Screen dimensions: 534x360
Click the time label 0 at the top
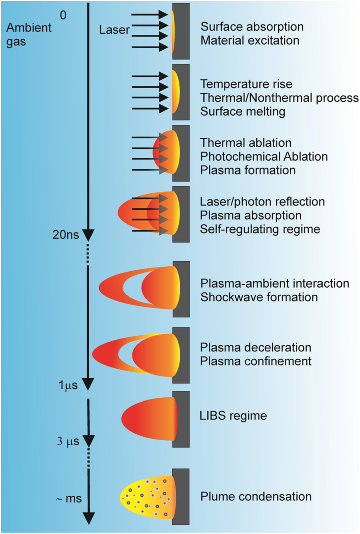[63, 15]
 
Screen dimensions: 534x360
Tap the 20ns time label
[66, 235]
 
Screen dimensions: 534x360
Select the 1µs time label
[68, 385]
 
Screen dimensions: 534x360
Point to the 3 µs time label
[68, 441]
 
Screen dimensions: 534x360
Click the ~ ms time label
[68, 498]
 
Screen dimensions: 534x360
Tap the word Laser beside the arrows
[114, 30]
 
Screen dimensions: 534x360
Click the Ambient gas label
[28, 34]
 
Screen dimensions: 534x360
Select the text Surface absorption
[252, 26]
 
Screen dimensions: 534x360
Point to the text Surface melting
[242, 111]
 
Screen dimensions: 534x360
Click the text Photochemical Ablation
[264, 156]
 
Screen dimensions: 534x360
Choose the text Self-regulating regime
[260, 229]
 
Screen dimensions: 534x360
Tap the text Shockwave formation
[259, 297]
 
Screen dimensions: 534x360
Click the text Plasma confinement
[256, 361]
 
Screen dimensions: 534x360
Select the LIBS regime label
[233, 416]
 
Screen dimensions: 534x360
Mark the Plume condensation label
[256, 497]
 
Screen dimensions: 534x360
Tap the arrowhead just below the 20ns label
[88, 235]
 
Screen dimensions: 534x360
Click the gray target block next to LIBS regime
[181, 419]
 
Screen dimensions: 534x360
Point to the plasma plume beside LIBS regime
[149, 419]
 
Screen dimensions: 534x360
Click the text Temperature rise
[246, 84]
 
